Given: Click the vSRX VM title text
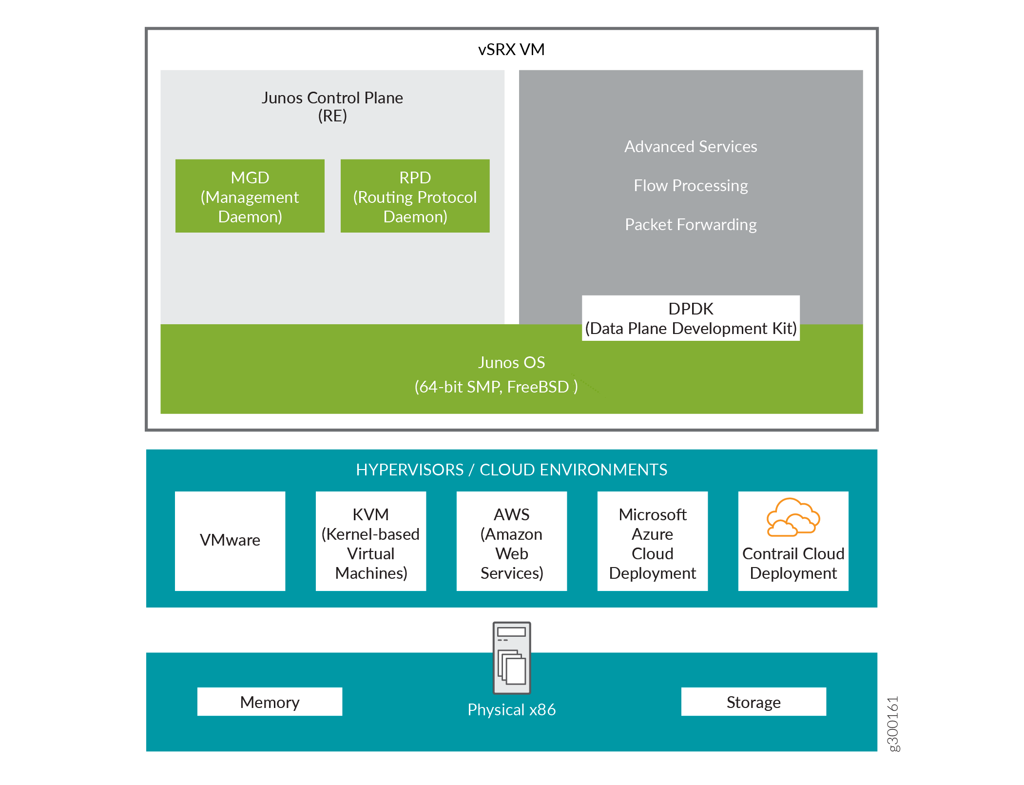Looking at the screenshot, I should tap(511, 50).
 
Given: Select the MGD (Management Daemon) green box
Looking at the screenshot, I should tap(250, 196).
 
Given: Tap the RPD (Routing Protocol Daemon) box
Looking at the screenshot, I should tap(415, 196).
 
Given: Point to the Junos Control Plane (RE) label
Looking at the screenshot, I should tap(332, 106).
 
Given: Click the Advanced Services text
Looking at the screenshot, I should tap(690, 147).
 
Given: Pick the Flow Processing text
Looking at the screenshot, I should tap(690, 186).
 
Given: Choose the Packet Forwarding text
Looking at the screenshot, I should tap(690, 225).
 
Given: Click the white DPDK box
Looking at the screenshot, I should tap(690, 318).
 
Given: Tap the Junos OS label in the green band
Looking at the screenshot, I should tap(511, 363).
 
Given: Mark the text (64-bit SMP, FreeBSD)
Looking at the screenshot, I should tap(496, 387).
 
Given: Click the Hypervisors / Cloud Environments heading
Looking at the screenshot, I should tap(511, 470).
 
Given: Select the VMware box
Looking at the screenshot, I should tap(230, 541).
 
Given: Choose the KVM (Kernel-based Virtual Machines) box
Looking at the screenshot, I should tap(370, 542).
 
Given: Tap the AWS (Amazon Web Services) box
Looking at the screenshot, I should tap(511, 542).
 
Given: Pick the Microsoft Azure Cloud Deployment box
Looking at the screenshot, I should tap(652, 542).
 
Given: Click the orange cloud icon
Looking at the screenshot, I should tap(793, 517).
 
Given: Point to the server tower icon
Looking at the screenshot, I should tap(511, 658).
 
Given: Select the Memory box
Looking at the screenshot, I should tap(270, 702).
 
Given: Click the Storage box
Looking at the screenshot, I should tap(753, 702).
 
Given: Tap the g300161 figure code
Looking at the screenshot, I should tap(893, 724).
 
